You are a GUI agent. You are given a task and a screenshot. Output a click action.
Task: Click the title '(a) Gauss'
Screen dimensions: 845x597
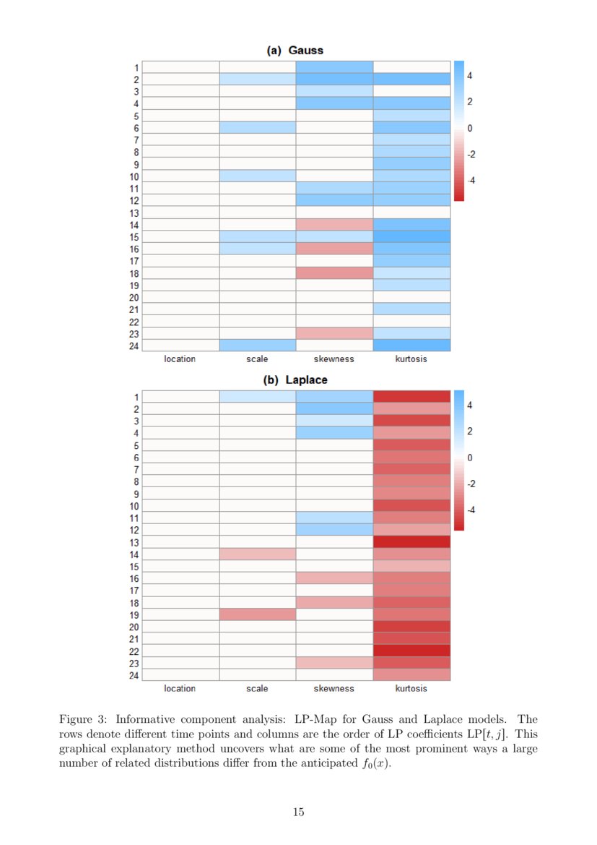295,50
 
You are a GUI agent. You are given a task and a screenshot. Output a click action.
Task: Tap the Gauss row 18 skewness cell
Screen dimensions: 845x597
334,273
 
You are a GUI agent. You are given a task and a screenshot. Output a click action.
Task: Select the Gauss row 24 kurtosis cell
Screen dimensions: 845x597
411,346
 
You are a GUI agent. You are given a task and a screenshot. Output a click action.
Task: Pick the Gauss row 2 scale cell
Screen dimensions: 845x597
258,79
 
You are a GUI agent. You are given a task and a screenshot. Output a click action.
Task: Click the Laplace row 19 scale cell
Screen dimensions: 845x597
258,614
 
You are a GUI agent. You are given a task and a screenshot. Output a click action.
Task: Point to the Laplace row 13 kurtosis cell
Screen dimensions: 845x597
411,541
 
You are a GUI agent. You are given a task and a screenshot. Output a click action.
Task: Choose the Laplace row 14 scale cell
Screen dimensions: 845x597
258,554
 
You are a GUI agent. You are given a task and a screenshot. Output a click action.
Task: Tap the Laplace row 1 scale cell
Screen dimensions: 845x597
258,396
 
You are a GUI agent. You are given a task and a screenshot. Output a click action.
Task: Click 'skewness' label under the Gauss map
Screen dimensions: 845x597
334,359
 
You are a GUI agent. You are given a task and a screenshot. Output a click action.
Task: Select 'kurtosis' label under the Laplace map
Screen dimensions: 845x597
411,688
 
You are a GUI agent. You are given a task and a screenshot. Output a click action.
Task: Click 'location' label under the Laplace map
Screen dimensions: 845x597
180,688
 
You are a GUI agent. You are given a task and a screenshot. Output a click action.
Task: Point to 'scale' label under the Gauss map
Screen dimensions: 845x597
257,359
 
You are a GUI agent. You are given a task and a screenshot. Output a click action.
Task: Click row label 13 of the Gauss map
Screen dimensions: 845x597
134,213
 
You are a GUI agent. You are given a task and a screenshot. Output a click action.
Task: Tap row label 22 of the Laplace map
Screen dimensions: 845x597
134,651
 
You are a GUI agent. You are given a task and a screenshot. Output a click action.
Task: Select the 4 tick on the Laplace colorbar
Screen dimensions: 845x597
470,406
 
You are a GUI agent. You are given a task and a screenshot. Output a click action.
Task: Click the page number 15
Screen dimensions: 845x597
298,812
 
